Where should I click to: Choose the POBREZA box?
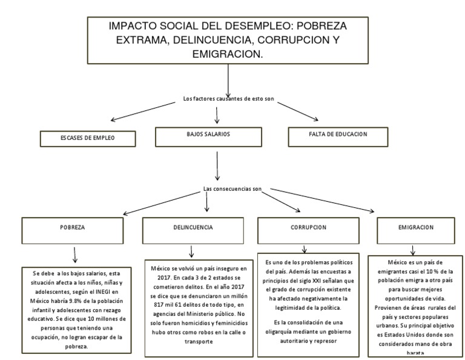(72, 229)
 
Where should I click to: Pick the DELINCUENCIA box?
(189, 228)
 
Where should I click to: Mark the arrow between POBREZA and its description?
(75, 254)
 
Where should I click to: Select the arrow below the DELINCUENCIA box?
(191, 251)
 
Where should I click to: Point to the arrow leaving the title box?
(228, 79)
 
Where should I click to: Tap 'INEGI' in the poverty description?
(101, 292)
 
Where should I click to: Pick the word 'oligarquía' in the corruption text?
(284, 332)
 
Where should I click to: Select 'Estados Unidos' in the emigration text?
(406, 332)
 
